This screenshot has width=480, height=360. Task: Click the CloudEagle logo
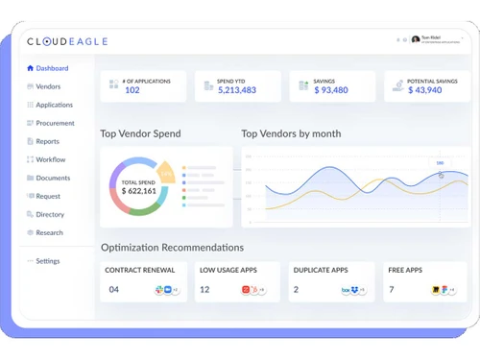click(67, 41)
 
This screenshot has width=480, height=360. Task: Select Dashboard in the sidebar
click(52, 68)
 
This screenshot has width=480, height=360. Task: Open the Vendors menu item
click(48, 86)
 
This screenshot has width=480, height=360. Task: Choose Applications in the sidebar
click(54, 105)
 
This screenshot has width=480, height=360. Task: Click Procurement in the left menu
click(55, 123)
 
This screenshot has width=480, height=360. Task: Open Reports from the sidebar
click(47, 141)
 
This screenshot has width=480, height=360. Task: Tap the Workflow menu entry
click(50, 159)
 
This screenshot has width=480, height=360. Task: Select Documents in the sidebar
click(53, 178)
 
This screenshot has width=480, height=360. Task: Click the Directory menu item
click(50, 214)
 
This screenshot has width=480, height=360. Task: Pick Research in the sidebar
click(49, 232)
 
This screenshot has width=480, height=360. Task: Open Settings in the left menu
click(47, 261)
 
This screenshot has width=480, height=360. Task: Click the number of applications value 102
click(132, 90)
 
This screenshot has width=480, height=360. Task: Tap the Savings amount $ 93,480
click(330, 90)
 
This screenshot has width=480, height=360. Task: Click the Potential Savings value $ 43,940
click(424, 90)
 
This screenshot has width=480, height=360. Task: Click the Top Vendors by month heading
click(291, 133)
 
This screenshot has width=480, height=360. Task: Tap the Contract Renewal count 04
click(114, 289)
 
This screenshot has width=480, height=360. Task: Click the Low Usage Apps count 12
click(204, 289)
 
